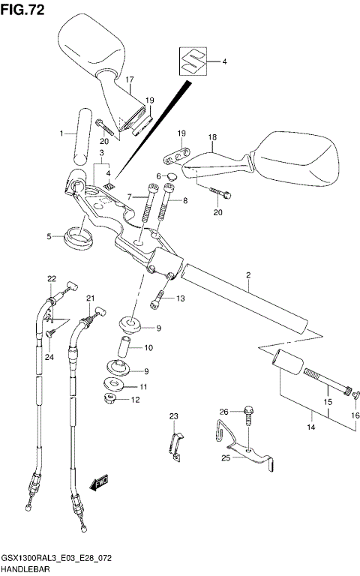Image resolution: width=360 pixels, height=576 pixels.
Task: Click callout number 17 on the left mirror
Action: pos(130,79)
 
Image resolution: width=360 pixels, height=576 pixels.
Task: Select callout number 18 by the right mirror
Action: pos(212,138)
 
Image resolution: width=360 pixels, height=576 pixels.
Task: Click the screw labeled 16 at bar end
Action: pos(354,391)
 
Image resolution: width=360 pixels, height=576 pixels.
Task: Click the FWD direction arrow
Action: pos(99,484)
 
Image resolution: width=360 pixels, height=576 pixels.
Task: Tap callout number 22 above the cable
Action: pos(52,279)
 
